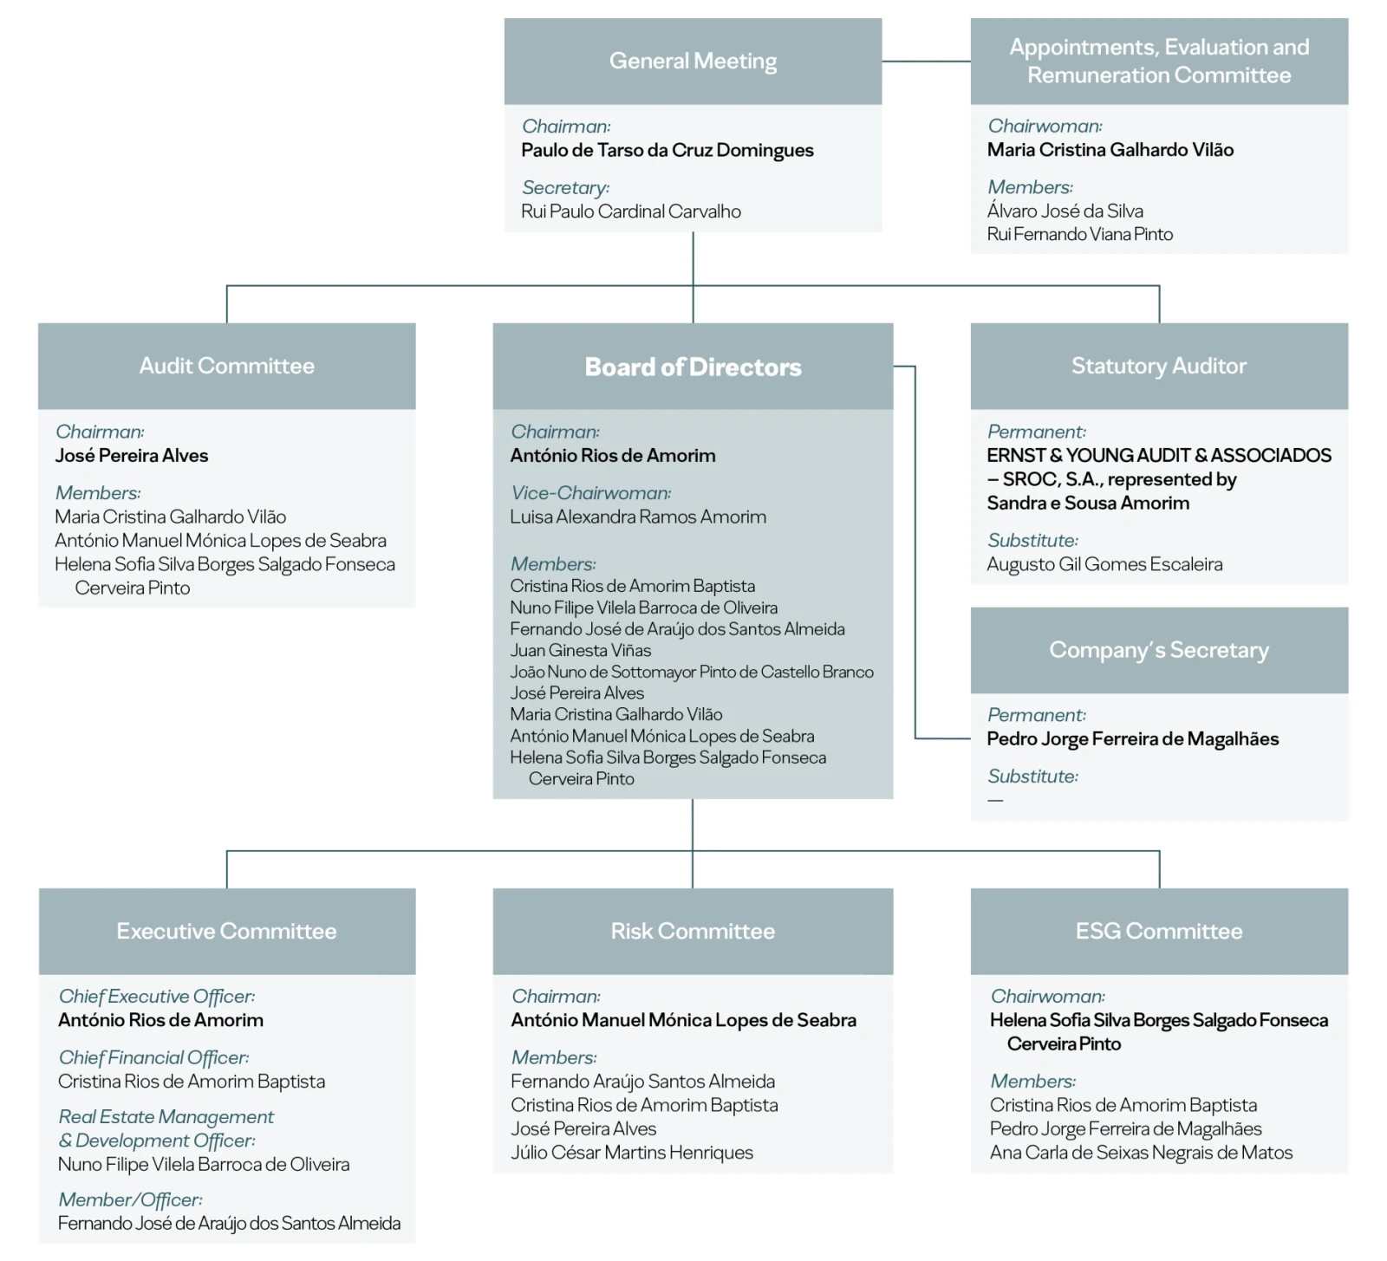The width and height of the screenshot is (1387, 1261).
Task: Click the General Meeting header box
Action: click(693, 62)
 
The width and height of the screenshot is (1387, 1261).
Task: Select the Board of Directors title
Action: click(693, 367)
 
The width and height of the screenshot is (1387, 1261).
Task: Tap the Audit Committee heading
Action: click(226, 366)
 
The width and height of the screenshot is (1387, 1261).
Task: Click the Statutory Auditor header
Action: click(1158, 366)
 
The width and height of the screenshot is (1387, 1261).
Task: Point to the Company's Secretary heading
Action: click(1158, 650)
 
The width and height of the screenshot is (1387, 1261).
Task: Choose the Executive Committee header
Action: click(226, 931)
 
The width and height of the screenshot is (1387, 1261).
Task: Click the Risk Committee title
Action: click(693, 931)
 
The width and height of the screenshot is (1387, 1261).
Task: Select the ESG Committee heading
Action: click(1158, 931)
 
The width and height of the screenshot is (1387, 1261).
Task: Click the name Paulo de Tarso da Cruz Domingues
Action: click(667, 150)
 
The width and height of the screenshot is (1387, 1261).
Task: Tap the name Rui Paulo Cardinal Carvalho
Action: click(630, 211)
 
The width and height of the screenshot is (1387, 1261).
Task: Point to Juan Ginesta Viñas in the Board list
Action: click(580, 650)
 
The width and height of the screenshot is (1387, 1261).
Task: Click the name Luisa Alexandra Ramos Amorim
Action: click(638, 517)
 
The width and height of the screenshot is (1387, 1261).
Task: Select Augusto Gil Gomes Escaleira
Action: click(1104, 564)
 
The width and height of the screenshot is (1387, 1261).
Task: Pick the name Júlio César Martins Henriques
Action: click(631, 1153)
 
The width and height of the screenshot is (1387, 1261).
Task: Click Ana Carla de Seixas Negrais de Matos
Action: click(1141, 1153)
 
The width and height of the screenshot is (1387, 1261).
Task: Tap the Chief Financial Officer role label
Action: click(153, 1057)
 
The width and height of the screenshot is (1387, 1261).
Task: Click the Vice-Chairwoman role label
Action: click(590, 493)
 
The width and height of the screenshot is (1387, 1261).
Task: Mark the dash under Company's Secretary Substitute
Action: click(995, 800)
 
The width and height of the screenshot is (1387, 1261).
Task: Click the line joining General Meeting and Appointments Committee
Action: click(926, 62)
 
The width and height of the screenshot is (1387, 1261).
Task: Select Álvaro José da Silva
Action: click(1065, 211)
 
